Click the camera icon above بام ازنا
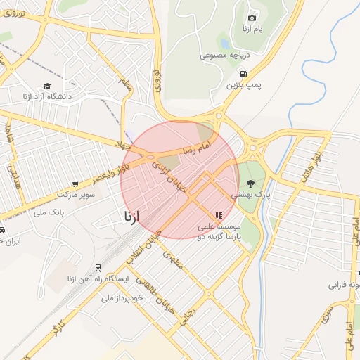click(x=252, y=17)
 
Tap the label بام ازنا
click(x=252, y=28)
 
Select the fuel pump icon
click(x=243, y=73)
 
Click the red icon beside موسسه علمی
click(x=219, y=215)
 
